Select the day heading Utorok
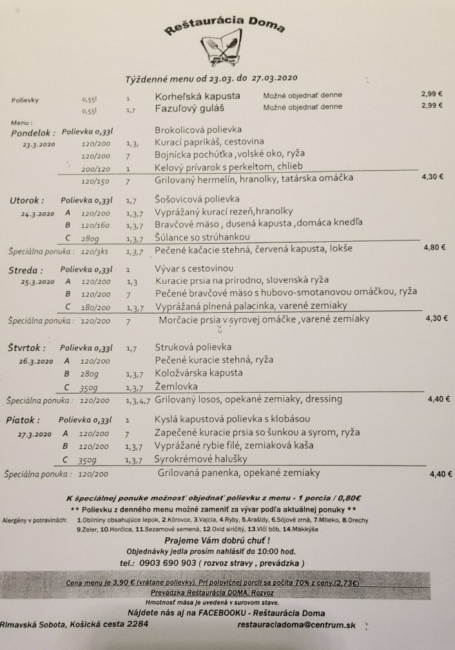click(x=26, y=201)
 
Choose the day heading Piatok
click(x=23, y=420)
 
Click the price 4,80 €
click(x=434, y=246)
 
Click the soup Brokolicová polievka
click(x=198, y=130)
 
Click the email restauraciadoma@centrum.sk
click(x=296, y=625)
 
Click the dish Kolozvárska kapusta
click(x=198, y=373)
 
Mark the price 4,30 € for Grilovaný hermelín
click(x=433, y=175)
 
